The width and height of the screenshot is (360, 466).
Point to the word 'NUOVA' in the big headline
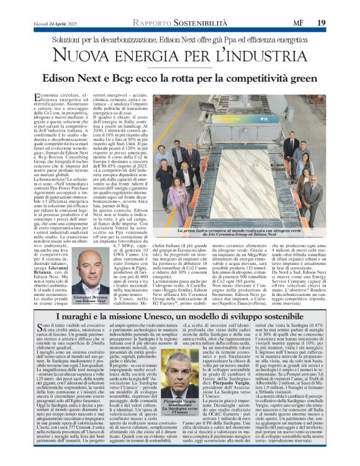click(x=90, y=61)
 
